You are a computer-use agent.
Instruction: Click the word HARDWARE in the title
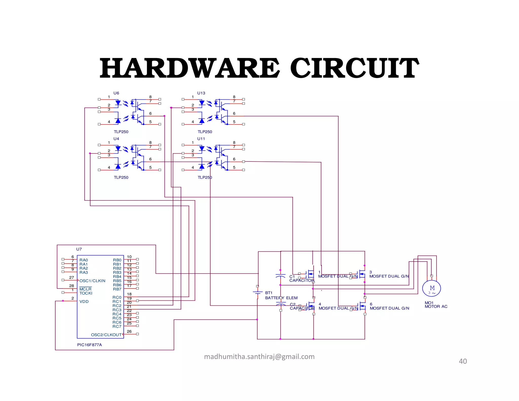tap(190, 68)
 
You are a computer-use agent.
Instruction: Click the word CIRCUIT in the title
tap(354, 68)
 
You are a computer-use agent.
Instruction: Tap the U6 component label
tap(116, 93)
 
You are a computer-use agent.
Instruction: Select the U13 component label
tap(201, 93)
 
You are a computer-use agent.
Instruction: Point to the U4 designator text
tap(116, 139)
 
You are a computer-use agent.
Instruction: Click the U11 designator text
tap(201, 139)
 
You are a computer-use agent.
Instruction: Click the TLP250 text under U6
tap(121, 132)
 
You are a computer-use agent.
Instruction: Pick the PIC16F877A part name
tap(89, 345)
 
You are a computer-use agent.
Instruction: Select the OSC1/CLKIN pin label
tap(92, 281)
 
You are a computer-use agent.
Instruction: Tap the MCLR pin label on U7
tap(85, 289)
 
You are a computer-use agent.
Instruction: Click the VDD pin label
tap(84, 302)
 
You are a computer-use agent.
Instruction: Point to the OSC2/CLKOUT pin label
tap(106, 335)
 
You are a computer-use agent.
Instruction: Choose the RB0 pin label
tap(117, 260)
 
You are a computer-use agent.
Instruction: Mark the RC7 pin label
tap(117, 326)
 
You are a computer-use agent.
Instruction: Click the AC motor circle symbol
tap(432, 288)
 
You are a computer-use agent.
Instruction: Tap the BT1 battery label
tap(269, 293)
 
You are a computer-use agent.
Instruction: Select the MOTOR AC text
tap(436, 307)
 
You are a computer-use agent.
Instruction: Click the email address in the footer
tap(259, 357)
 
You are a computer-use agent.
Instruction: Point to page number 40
tap(463, 361)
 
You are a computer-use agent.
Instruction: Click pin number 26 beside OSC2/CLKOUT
tap(129, 331)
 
